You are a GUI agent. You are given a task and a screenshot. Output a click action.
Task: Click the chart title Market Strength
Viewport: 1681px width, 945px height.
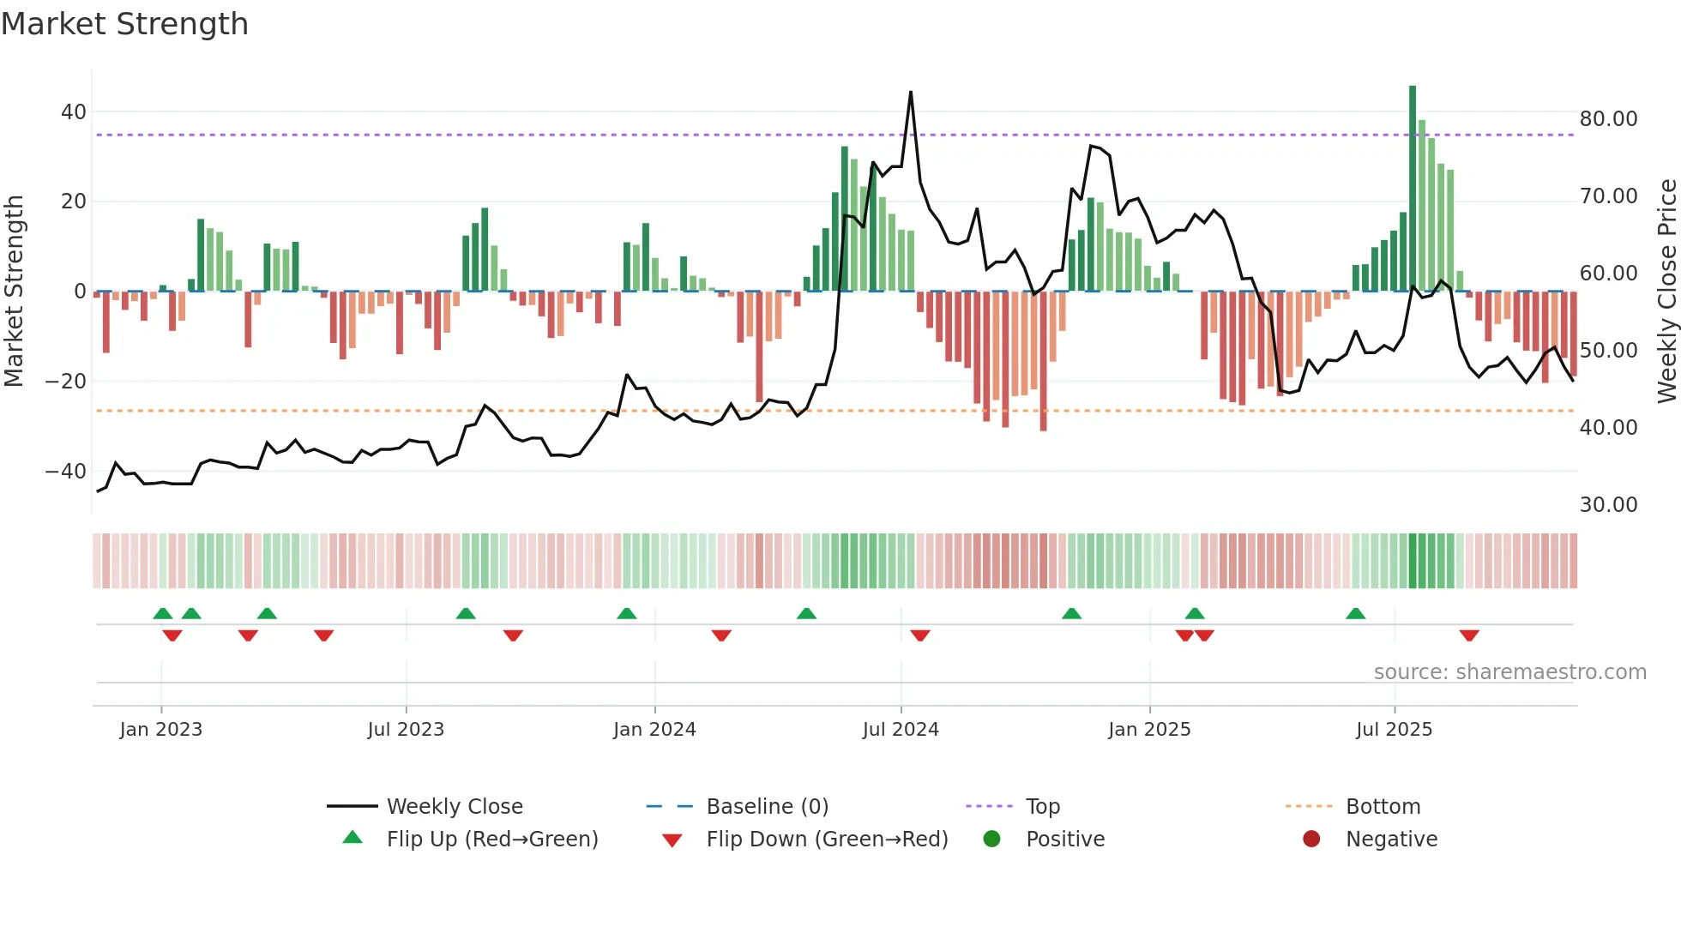pos(124,24)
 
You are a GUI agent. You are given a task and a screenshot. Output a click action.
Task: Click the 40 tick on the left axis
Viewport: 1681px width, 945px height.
pos(74,112)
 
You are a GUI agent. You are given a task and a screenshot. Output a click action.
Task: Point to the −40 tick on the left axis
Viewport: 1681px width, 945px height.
pos(66,471)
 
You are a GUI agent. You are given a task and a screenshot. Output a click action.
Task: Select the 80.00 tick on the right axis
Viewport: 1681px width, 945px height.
pos(1608,119)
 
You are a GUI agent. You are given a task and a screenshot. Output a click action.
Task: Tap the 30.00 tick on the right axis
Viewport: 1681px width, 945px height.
pos(1608,505)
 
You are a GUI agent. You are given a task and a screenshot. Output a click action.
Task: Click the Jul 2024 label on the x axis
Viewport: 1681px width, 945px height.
pos(901,730)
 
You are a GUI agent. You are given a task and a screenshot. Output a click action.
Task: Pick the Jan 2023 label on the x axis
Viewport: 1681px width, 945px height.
pos(161,730)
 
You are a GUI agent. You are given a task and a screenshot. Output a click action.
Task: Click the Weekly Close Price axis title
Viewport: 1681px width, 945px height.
pos(1666,292)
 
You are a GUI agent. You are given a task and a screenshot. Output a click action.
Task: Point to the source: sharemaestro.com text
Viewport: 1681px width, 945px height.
pos(1509,672)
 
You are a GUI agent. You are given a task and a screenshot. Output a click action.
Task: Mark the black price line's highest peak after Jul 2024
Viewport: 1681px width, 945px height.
pos(911,92)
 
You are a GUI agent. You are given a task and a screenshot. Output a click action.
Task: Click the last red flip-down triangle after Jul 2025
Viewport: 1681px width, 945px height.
pos(1469,635)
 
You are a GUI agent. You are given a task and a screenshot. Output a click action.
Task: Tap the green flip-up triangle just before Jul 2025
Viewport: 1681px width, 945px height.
pos(1356,614)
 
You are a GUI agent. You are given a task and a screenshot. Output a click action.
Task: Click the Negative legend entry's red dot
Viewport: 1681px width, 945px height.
pos(1311,840)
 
